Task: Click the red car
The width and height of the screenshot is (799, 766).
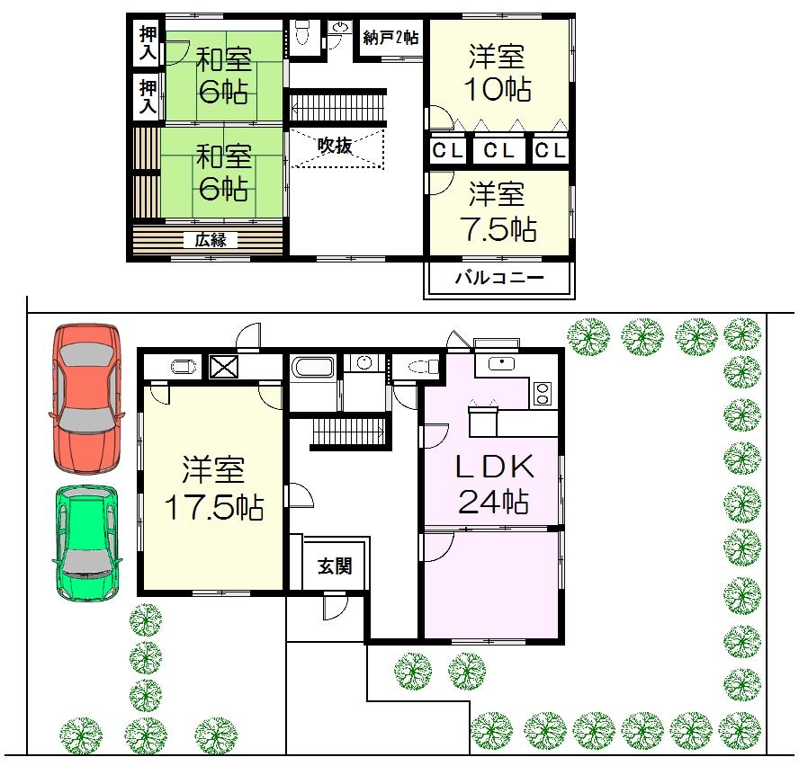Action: (86, 398)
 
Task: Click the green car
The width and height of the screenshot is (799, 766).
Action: (85, 544)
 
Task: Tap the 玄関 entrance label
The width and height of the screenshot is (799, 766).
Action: (334, 567)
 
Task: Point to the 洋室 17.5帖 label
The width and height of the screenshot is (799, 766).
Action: (212, 490)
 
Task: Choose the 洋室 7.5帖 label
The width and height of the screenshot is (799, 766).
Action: (498, 211)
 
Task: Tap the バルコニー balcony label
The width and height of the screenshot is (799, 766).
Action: (498, 279)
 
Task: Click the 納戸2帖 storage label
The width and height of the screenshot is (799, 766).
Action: (391, 38)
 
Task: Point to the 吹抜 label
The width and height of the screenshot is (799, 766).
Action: (335, 146)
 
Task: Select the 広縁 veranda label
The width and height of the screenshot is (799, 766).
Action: (211, 240)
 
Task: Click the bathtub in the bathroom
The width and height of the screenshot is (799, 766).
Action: (311, 369)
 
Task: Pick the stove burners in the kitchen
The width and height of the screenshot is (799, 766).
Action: (543, 393)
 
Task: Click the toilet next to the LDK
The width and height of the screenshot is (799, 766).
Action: (420, 366)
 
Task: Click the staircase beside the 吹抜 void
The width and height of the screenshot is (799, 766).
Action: (337, 106)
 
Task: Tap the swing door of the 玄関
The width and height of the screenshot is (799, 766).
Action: (333, 608)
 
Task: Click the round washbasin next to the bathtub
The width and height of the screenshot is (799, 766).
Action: (364, 363)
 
